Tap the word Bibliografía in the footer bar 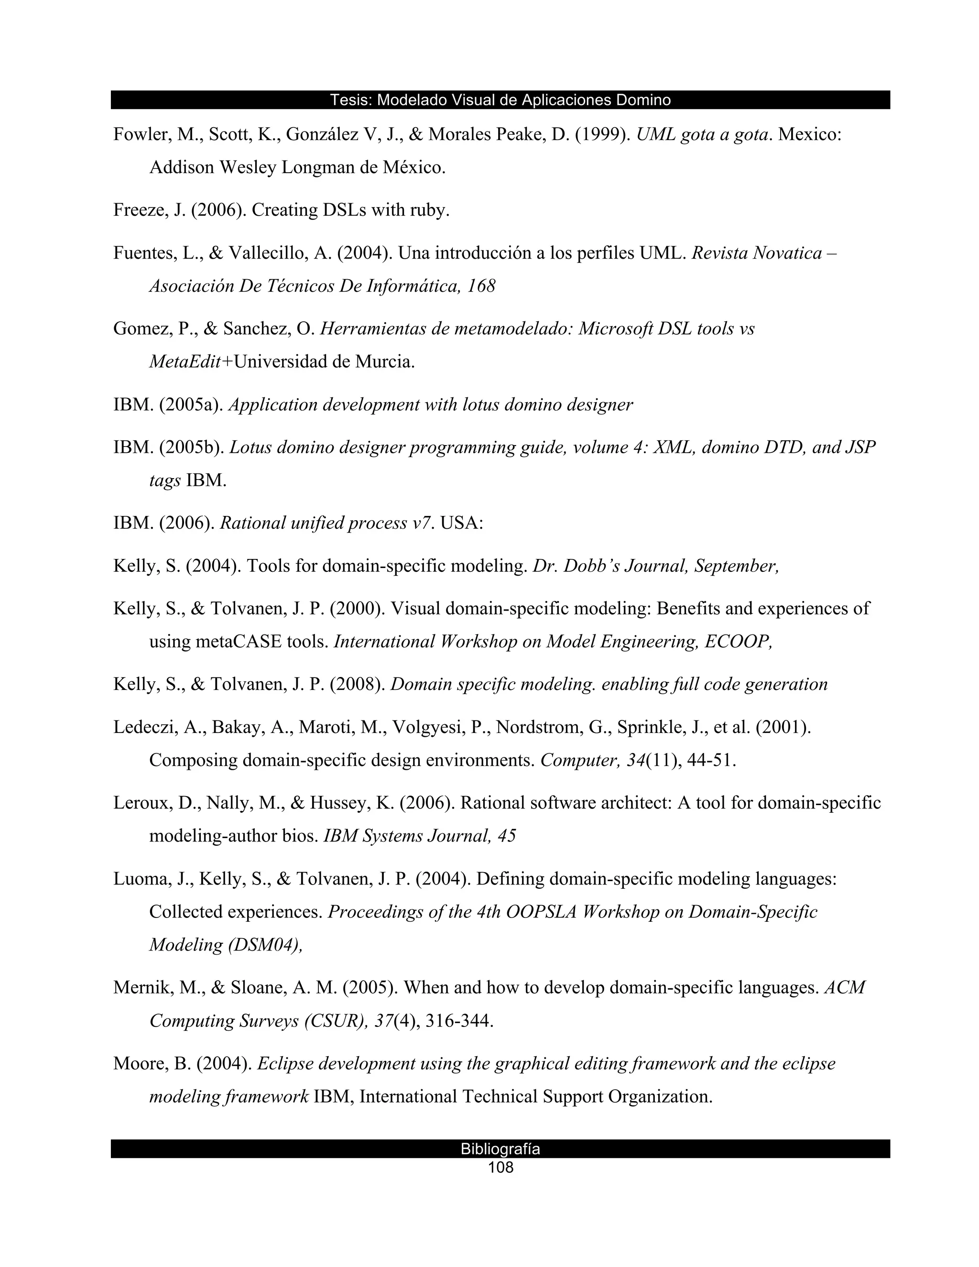point(500,1148)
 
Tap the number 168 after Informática point(480,286)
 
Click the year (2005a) point(191,404)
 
